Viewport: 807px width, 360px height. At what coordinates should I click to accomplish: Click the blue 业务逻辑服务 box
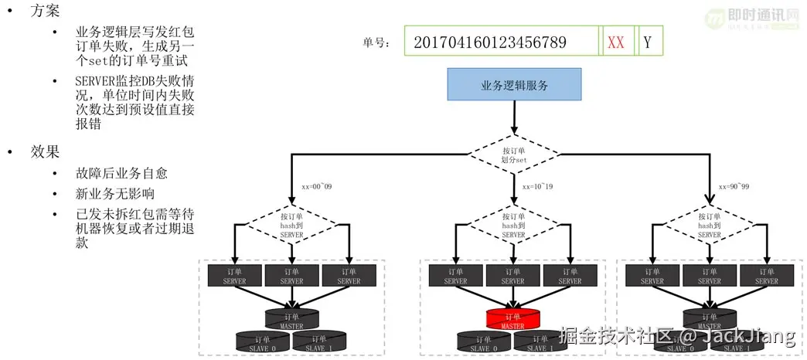[514, 85]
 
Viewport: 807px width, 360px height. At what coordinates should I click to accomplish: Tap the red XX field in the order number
[616, 42]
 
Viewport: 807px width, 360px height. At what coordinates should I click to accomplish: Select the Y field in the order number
[647, 42]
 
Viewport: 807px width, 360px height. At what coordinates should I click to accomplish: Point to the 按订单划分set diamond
[513, 155]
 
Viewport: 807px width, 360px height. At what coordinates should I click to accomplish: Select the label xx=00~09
[318, 186]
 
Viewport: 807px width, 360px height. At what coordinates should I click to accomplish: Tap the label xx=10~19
[539, 186]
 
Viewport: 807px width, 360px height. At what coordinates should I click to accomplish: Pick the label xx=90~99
[735, 186]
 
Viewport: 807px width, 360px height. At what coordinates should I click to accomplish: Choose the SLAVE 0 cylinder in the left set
[263, 342]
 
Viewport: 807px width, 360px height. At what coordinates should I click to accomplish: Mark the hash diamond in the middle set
[513, 225]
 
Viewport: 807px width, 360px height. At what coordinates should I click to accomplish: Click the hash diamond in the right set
[710, 225]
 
